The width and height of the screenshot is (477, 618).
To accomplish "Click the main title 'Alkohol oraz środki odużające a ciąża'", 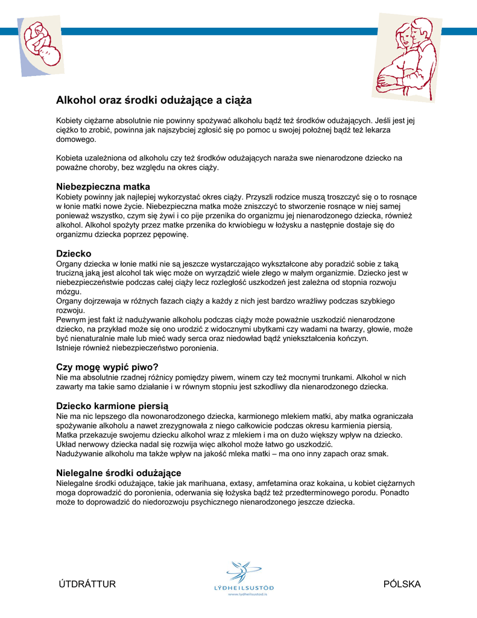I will click(154, 100).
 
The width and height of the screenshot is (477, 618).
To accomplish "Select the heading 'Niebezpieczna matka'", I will click(103, 186).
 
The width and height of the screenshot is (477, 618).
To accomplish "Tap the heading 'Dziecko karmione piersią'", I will click(113, 406).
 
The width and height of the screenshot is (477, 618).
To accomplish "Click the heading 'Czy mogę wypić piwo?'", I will click(107, 367).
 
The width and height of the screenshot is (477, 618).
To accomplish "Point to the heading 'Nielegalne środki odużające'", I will click(119, 473).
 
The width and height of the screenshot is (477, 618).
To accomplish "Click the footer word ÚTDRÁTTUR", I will click(87, 584).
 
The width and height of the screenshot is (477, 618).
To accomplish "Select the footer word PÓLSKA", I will click(402, 584).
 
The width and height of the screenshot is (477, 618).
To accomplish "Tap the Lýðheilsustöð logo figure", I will click(243, 570).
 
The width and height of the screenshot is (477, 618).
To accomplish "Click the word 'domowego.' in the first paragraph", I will click(76, 139).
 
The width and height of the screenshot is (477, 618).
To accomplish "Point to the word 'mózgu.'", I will click(68, 291).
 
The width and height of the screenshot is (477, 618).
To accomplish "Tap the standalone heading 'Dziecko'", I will click(74, 254).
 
